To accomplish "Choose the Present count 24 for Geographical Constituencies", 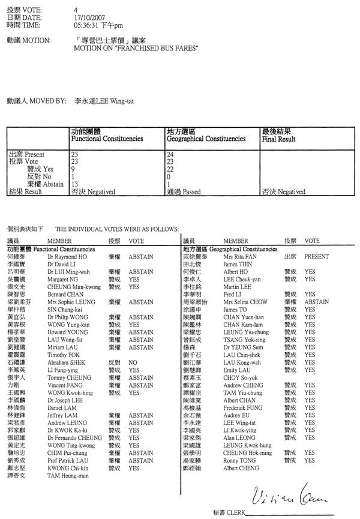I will pos(170,155).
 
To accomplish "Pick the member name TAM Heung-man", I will pos(66,475).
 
